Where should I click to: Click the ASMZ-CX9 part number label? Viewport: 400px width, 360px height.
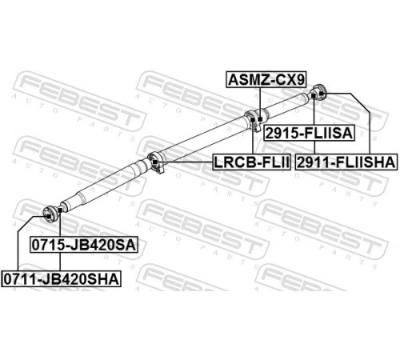click(266, 79)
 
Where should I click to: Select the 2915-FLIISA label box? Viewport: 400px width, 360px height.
click(309, 133)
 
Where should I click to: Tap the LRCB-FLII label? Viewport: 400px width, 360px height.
click(251, 162)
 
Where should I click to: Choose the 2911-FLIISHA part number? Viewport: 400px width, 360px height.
click(346, 162)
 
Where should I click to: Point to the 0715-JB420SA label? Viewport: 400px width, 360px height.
click(84, 245)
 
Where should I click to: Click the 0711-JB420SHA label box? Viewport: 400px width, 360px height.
click(61, 279)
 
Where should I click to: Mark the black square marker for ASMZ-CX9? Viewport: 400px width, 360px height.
click(260, 119)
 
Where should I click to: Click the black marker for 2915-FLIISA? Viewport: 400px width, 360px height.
click(314, 96)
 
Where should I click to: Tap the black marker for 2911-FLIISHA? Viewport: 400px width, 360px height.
click(322, 94)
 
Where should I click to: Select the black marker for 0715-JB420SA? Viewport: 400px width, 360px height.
click(60, 210)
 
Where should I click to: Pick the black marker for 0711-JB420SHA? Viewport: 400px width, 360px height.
click(48, 216)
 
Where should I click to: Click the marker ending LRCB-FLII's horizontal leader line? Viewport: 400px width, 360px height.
click(155, 162)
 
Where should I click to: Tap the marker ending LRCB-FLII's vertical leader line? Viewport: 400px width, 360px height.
click(252, 119)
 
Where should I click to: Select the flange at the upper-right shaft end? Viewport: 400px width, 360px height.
click(319, 92)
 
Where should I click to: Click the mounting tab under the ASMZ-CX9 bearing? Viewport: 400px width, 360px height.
click(257, 126)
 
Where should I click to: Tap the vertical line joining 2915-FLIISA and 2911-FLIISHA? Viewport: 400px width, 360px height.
click(314, 147)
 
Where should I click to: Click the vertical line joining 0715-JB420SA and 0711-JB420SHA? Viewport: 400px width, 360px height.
click(60, 262)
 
